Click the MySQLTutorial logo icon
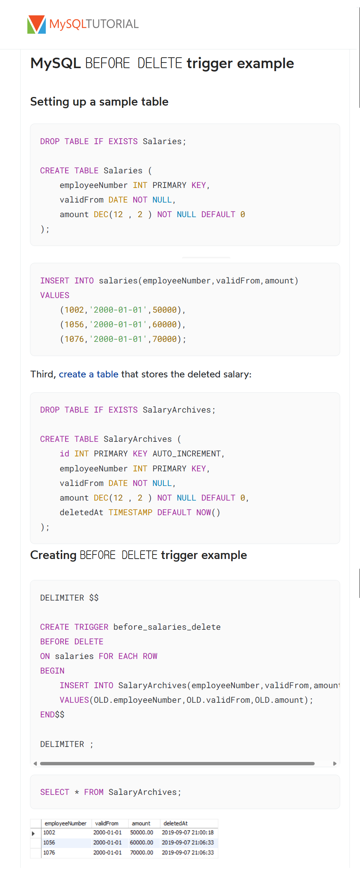click(36, 24)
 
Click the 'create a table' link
click(88, 374)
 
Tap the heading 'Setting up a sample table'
click(99, 102)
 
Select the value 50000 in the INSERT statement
click(164, 310)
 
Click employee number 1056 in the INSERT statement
click(74, 325)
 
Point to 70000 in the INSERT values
click(164, 339)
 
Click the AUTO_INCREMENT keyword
click(187, 454)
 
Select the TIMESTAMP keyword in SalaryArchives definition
click(130, 513)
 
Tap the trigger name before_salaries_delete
click(167, 627)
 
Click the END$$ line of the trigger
click(52, 715)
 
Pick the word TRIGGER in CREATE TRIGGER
click(91, 627)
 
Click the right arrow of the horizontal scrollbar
click(335, 763)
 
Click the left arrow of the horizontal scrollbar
click(35, 763)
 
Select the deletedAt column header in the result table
click(175, 823)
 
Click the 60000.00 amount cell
click(141, 842)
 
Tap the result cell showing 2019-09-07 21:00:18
click(188, 833)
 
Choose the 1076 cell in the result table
click(49, 853)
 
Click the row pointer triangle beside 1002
click(33, 833)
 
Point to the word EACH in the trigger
click(128, 656)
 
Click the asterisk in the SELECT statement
click(77, 792)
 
